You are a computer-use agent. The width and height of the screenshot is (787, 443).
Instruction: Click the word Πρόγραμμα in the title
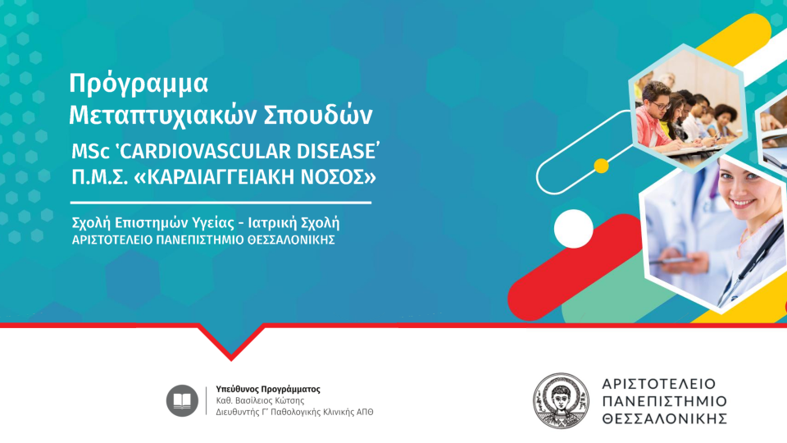click(x=139, y=84)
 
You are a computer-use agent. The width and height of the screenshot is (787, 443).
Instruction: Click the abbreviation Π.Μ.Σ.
click(x=99, y=177)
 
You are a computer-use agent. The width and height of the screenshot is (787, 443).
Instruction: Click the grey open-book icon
click(x=182, y=401)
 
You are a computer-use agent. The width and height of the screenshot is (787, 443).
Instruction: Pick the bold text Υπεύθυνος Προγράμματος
click(x=268, y=389)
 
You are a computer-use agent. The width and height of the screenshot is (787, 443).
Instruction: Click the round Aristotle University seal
click(x=561, y=401)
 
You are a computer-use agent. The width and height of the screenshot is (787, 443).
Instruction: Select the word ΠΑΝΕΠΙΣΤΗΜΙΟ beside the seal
click(x=665, y=401)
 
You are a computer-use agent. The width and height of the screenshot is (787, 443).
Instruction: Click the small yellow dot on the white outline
click(x=601, y=166)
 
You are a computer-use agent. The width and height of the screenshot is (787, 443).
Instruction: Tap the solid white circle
click(x=573, y=229)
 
